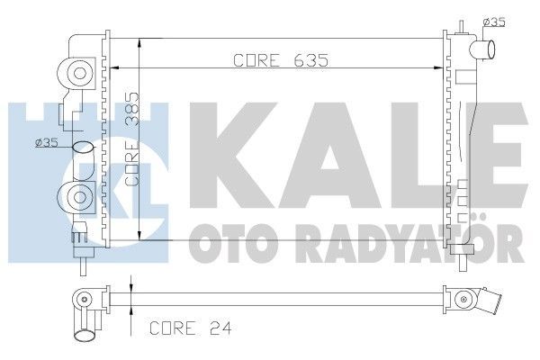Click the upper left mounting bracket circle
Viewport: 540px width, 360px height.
[x=77, y=74]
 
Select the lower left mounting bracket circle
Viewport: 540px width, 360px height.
[x=77, y=195]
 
